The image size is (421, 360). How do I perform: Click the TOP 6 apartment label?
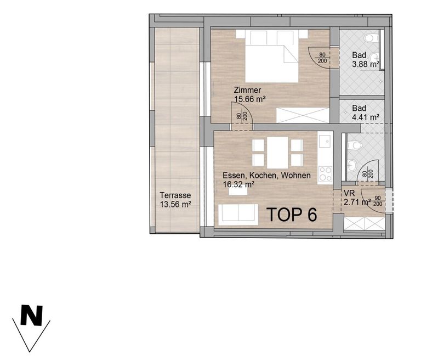click(x=292, y=214)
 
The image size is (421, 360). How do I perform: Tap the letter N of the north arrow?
click(x=32, y=315)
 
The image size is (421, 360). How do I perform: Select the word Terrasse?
click(x=175, y=195)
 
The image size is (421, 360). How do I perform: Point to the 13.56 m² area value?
click(x=175, y=204)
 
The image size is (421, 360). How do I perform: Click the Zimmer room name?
click(x=247, y=90)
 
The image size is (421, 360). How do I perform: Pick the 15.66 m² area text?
click(x=250, y=99)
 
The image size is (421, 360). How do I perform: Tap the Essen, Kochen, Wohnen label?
click(x=266, y=175)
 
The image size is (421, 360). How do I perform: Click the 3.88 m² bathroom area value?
click(x=366, y=65)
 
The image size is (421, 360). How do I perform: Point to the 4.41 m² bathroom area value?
click(x=366, y=117)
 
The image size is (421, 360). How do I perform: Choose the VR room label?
click(x=349, y=193)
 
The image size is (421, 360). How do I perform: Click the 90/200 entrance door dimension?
click(x=378, y=201)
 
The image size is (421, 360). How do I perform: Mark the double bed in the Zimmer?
click(x=272, y=56)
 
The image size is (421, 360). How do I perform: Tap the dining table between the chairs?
click(x=277, y=153)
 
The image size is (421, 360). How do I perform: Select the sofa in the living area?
click(x=238, y=215)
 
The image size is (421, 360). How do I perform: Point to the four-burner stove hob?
click(x=325, y=173)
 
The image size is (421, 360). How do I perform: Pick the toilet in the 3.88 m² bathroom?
click(x=372, y=38)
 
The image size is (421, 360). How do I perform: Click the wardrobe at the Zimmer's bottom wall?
click(x=303, y=115)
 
